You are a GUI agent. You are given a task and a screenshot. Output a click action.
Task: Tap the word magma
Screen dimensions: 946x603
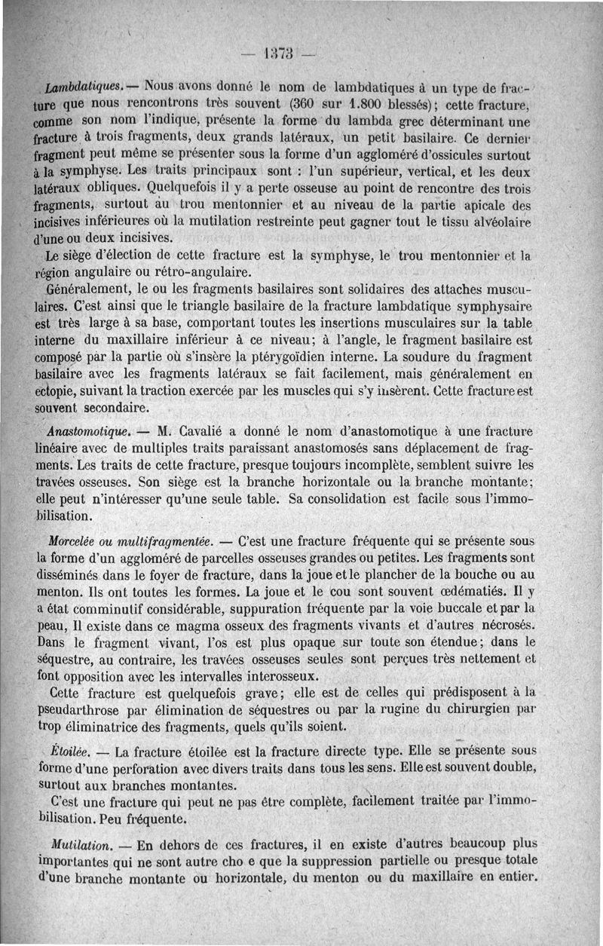click(x=175, y=626)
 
